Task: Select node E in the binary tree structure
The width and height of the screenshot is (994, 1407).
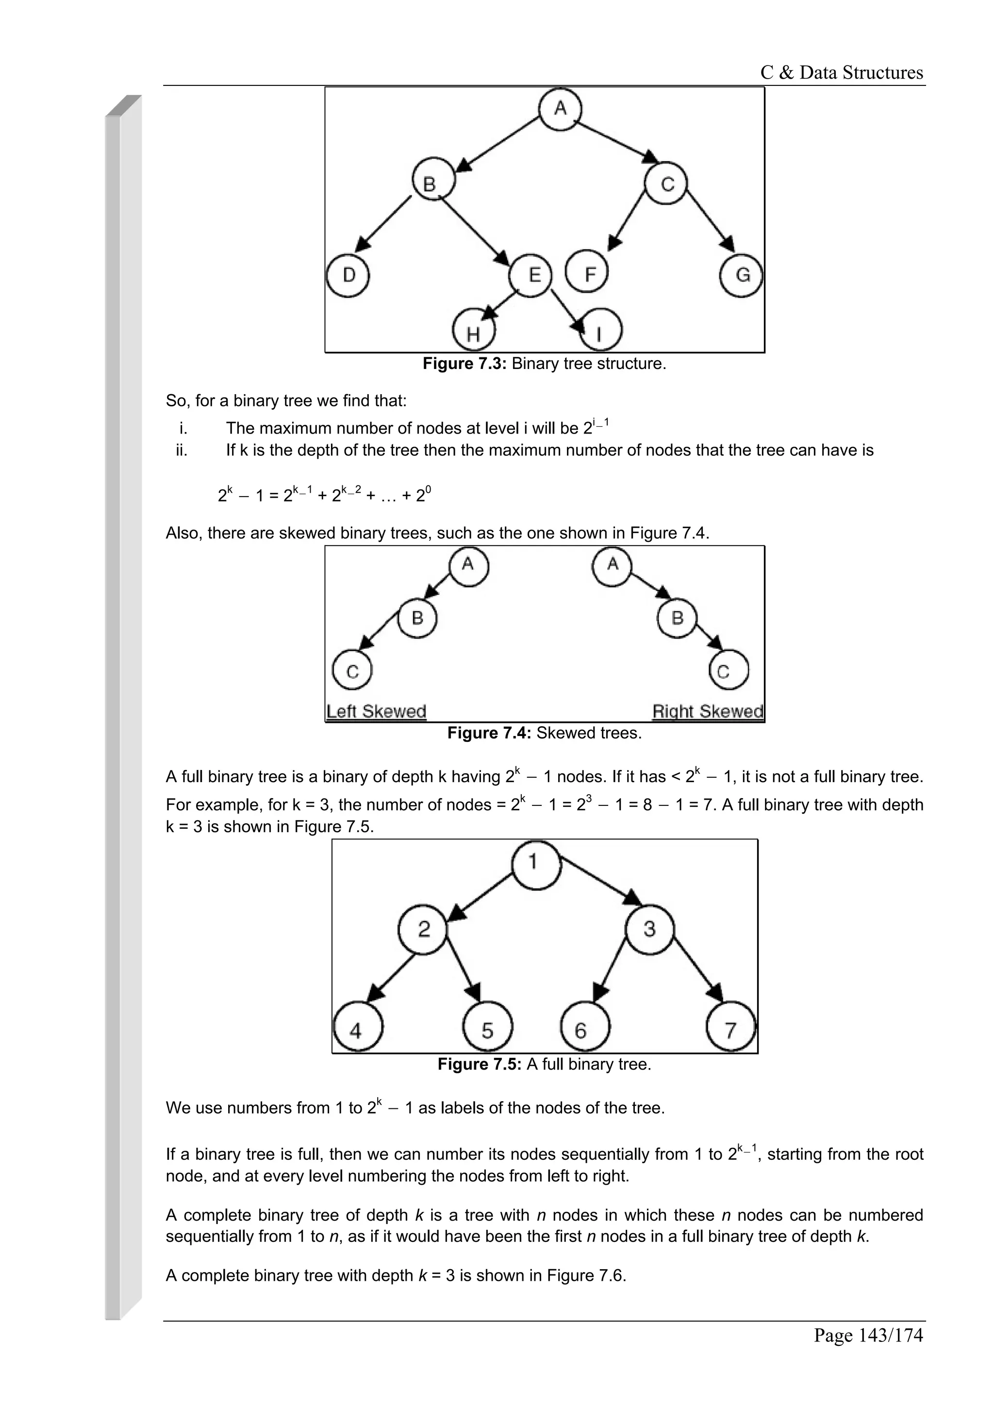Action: point(531,275)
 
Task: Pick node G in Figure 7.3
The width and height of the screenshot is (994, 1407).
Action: point(742,275)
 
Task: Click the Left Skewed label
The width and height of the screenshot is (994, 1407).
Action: point(376,711)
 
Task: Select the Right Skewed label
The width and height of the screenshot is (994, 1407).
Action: point(707,711)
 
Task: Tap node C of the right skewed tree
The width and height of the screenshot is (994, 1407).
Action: point(728,671)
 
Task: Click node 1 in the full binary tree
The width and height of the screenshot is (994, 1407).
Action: point(535,863)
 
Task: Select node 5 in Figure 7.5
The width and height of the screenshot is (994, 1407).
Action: point(487,1030)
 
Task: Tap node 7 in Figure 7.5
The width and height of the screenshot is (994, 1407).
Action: point(730,1030)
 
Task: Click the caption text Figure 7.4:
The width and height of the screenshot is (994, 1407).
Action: point(489,734)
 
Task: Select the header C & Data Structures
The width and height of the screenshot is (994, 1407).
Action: point(842,73)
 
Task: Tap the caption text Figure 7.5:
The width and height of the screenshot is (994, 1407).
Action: point(479,1064)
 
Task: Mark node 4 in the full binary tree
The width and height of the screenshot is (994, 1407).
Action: point(358,1030)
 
